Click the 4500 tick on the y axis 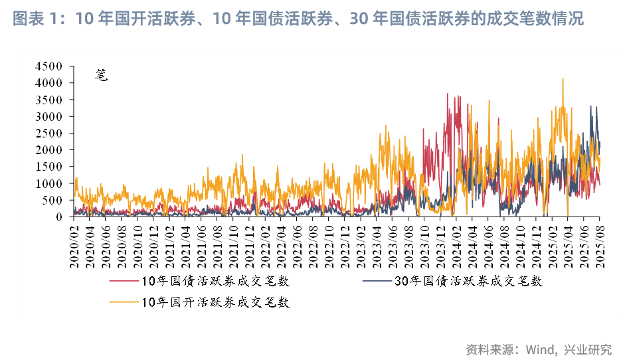click(x=50, y=66)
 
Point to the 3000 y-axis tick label click(x=50, y=116)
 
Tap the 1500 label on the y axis click(x=50, y=167)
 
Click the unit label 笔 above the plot click(x=101, y=74)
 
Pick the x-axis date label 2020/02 click(x=74, y=245)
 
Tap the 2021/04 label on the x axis click(x=187, y=245)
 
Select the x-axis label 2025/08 click(x=600, y=245)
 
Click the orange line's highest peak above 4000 click(x=563, y=79)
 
